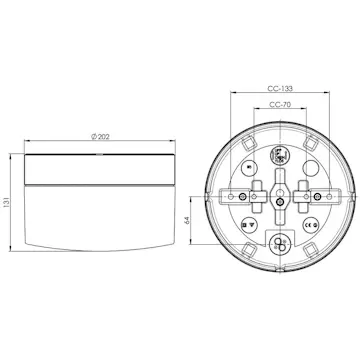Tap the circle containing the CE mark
311,225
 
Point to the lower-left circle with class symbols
247,225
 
